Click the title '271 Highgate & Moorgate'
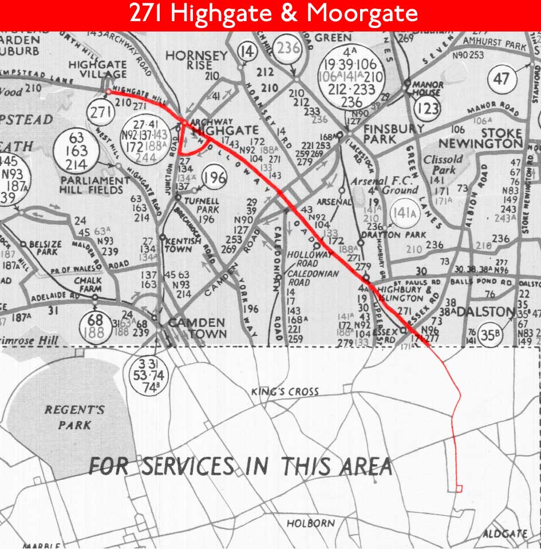(x=270, y=14)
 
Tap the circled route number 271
(x=100, y=113)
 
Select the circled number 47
(x=501, y=78)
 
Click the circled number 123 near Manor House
(x=428, y=108)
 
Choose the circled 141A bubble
(x=402, y=214)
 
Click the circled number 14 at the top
(x=247, y=52)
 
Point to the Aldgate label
(x=504, y=534)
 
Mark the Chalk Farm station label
(x=87, y=285)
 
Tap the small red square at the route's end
(x=459, y=488)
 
